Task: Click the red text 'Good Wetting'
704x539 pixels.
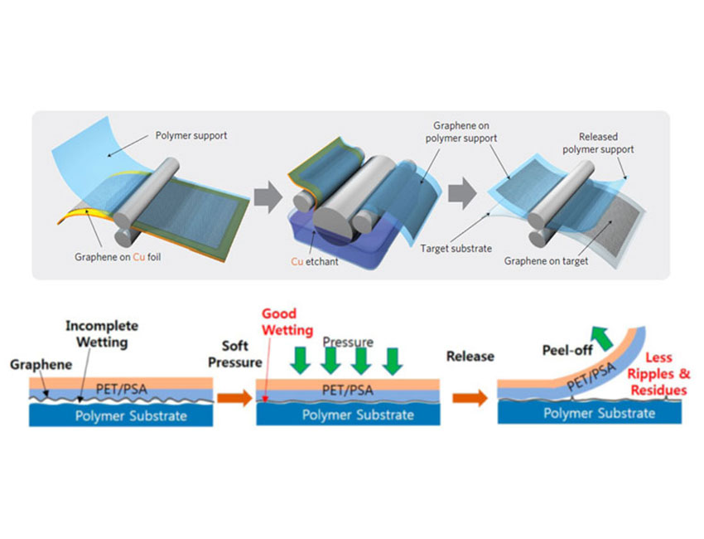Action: tap(287, 322)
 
